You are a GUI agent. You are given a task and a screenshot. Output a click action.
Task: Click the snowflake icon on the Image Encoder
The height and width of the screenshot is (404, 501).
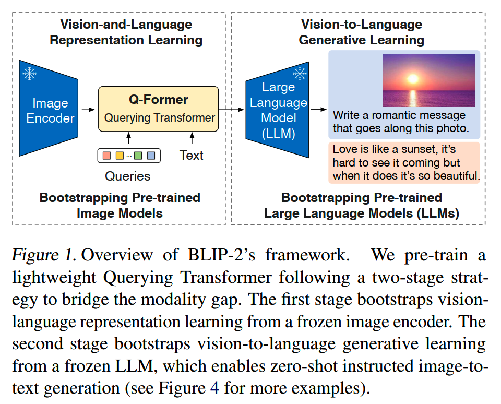pyautogui.click(x=29, y=74)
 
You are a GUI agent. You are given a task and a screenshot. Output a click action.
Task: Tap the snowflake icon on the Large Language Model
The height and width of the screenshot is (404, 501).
pyautogui.click(x=300, y=74)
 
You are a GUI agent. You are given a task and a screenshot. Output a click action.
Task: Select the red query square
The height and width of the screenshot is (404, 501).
pyautogui.click(x=106, y=156)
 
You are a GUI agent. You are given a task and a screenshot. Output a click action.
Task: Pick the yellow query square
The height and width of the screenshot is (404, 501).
pyautogui.click(x=120, y=156)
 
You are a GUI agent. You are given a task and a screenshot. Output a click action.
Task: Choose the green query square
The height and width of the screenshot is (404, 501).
pyautogui.click(x=138, y=156)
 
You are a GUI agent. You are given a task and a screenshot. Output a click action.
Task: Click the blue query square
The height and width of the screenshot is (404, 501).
pyautogui.click(x=151, y=156)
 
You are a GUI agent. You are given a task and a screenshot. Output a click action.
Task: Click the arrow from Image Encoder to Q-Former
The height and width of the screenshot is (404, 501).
pyautogui.click(x=88, y=110)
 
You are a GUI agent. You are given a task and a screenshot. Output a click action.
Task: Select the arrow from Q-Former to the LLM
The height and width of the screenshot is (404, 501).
pyautogui.click(x=231, y=110)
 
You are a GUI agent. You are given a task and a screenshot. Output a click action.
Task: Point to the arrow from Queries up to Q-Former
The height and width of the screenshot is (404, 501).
pyautogui.click(x=129, y=138)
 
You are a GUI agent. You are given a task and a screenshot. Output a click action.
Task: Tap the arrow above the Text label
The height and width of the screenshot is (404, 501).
pyautogui.click(x=192, y=138)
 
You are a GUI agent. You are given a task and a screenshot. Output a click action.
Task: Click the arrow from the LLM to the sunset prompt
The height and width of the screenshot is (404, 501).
pyautogui.click(x=318, y=110)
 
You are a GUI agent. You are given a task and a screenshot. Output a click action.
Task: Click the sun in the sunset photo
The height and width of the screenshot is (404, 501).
pyautogui.click(x=412, y=78)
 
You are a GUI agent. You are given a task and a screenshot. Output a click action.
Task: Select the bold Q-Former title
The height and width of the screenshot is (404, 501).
pyautogui.click(x=159, y=99)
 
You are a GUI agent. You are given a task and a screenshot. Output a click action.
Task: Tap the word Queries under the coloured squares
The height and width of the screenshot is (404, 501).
pyautogui.click(x=127, y=176)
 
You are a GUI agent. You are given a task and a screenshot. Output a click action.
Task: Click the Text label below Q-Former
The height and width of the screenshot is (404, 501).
pyautogui.click(x=192, y=156)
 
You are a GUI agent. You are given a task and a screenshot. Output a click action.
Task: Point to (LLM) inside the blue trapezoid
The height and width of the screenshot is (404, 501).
pyautogui.click(x=278, y=133)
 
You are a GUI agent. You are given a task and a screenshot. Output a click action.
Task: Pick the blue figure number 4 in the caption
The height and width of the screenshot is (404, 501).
pyautogui.click(x=214, y=388)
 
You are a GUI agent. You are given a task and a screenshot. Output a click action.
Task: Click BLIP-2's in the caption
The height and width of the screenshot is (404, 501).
pyautogui.click(x=221, y=255)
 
